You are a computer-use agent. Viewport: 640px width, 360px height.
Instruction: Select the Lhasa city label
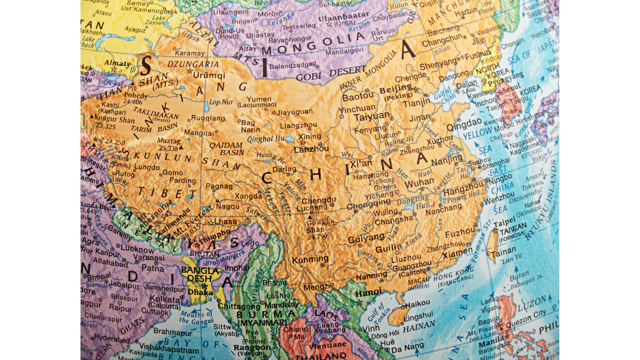225,221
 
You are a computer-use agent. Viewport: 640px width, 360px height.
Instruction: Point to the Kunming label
310,259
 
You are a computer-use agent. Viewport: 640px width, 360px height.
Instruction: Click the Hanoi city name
369,291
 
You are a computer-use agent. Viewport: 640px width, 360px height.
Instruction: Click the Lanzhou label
311,149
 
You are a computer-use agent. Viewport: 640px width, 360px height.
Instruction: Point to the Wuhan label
419,183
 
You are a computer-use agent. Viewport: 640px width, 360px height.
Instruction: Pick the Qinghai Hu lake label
266,139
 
